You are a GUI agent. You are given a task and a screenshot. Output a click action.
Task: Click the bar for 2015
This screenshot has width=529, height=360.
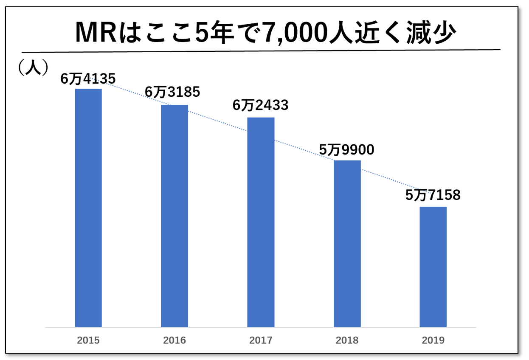[88, 208]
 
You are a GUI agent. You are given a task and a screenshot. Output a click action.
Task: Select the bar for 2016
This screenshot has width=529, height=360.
[174, 216]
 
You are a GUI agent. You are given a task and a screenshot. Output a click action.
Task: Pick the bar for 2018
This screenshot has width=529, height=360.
[347, 244]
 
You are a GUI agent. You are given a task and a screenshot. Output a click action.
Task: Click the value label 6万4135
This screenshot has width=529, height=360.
[88, 79]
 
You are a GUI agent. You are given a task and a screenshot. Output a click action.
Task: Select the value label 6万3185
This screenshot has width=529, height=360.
[172, 92]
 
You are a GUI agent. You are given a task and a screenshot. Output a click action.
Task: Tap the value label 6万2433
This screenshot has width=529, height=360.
[260, 105]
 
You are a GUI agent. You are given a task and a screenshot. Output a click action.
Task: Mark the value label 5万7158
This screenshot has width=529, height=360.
[433, 195]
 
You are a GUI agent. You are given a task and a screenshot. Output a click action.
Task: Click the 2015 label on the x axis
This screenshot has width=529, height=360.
[88, 340]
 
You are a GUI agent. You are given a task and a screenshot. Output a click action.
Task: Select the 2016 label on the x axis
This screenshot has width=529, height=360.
[174, 340]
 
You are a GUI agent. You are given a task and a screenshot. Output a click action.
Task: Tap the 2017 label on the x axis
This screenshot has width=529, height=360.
[261, 340]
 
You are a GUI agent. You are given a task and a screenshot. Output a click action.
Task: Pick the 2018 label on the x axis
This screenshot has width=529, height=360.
[347, 340]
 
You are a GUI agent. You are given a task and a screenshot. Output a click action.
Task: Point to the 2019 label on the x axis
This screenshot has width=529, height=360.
[433, 340]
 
